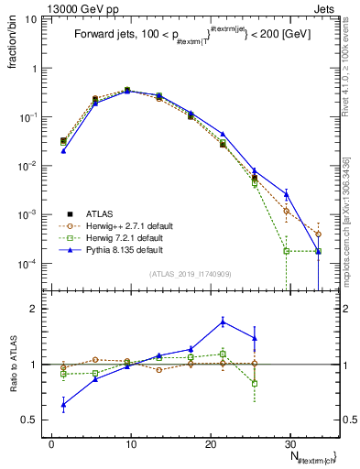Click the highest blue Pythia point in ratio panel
coord(223,321)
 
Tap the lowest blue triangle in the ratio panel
coord(63,404)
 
